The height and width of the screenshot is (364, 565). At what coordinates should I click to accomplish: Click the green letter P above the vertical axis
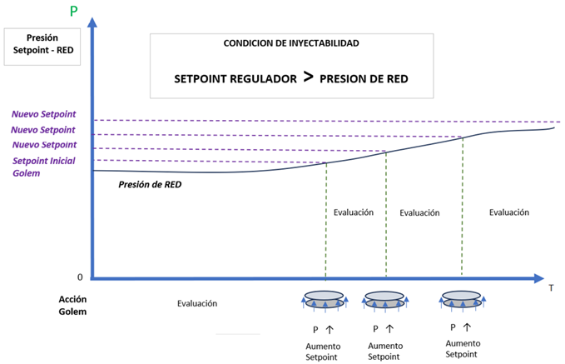(73, 11)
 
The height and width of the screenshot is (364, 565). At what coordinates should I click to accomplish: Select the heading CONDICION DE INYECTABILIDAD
(291, 43)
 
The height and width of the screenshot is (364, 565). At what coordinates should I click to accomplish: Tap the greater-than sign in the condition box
(308, 77)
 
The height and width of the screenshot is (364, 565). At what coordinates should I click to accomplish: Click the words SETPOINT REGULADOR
(235, 78)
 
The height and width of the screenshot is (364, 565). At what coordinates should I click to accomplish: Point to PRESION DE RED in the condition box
(364, 78)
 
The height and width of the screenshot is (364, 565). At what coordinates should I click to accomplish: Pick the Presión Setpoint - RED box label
(43, 44)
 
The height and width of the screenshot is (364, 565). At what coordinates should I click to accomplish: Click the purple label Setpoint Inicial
(44, 161)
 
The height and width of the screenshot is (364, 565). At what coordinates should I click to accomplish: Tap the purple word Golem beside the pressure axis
(27, 173)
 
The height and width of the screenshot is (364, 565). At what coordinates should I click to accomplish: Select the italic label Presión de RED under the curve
(150, 184)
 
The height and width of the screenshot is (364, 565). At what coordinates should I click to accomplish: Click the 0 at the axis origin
(80, 277)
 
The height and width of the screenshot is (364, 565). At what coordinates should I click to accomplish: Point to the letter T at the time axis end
(551, 288)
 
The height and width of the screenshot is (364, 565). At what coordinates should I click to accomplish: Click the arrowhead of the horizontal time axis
(538, 278)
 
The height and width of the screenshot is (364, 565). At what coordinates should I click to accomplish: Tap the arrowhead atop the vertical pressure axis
(92, 22)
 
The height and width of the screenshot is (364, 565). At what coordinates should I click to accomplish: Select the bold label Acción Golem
(72, 305)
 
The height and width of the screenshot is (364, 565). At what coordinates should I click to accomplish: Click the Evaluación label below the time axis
(197, 303)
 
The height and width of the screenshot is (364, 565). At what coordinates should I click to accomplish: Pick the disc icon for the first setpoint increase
(325, 300)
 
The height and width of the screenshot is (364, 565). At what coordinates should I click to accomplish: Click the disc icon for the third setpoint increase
(462, 299)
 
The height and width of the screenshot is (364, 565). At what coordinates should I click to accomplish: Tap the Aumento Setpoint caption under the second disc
(384, 351)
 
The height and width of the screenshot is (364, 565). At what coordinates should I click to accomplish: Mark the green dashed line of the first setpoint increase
(326, 221)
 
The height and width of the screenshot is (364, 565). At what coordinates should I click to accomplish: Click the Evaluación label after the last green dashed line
(508, 212)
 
